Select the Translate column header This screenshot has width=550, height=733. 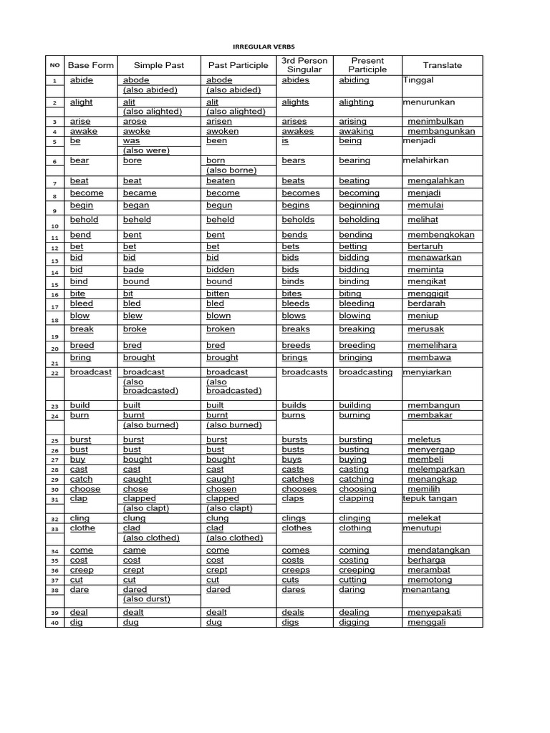[x=442, y=65]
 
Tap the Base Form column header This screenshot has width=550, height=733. [x=91, y=65]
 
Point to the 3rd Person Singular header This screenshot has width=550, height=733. [x=304, y=65]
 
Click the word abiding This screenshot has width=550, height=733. [x=354, y=81]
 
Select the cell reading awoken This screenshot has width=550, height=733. [x=222, y=132]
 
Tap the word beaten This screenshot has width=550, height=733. [x=221, y=181]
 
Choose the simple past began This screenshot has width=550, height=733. [x=136, y=205]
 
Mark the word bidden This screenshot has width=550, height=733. [x=221, y=270]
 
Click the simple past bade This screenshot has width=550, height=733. [x=133, y=270]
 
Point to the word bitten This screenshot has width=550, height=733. [x=218, y=293]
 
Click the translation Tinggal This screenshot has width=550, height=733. [x=419, y=81]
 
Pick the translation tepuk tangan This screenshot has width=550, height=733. [x=430, y=499]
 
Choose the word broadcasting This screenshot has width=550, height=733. [x=365, y=372]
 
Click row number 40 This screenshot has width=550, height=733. [x=54, y=623]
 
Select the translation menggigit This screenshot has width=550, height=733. [x=431, y=293]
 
